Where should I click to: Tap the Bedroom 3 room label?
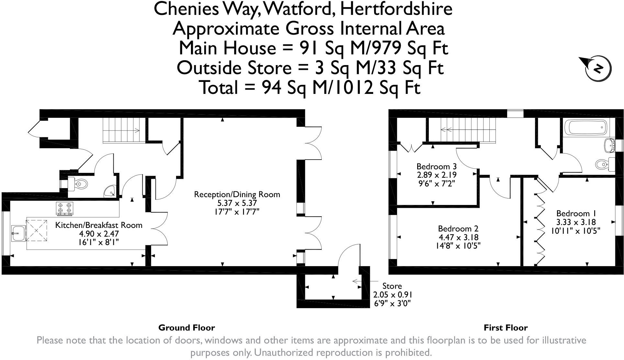[436, 167]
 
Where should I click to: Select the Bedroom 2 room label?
[458, 229]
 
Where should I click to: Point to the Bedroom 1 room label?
[576, 214]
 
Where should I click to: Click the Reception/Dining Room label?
[237, 195]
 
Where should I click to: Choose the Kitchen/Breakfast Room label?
[99, 225]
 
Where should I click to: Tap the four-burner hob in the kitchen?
[65, 208]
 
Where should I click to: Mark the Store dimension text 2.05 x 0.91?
[393, 295]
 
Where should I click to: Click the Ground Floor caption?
[186, 328]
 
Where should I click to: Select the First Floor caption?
[506, 328]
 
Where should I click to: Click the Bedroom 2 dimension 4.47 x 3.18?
[458, 237]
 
